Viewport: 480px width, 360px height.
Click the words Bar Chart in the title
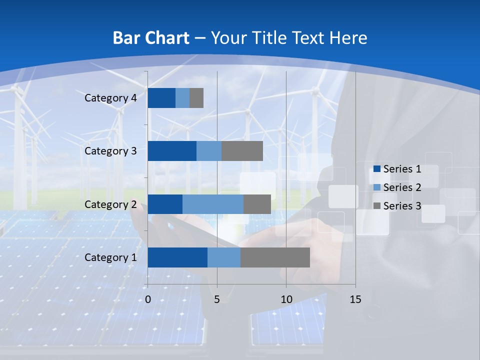150,38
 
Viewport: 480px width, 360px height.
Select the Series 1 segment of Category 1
177,257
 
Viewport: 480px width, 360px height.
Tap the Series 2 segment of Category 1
223,257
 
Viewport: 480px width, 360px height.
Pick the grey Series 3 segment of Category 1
275,257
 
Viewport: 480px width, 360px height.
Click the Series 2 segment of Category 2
213,204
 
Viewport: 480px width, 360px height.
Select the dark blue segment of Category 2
165,204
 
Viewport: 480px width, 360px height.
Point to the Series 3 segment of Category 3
242,151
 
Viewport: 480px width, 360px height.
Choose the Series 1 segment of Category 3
172,151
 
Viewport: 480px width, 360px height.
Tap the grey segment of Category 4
196,98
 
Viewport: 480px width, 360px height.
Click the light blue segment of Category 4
182,98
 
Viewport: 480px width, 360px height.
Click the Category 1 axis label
110,257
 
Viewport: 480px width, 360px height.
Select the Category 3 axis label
110,151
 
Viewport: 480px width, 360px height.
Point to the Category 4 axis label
110,98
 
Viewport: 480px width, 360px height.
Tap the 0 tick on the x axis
148,299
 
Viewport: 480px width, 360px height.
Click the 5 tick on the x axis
217,299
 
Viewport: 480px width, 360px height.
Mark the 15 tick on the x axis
355,299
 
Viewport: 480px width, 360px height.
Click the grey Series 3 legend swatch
377,206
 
